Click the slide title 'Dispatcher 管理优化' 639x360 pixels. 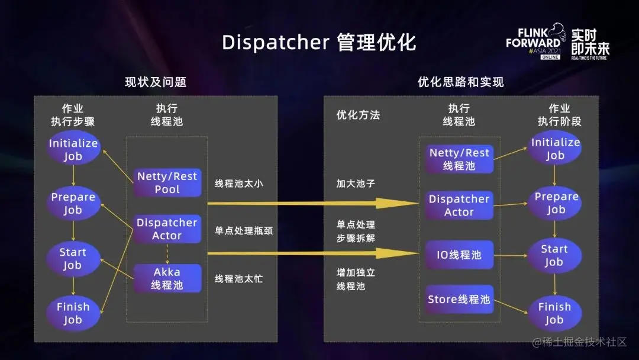(319, 42)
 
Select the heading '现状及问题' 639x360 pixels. (156, 82)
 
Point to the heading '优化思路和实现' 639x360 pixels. (461, 82)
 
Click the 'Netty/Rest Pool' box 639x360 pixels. (167, 183)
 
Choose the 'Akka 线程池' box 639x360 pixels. (167, 278)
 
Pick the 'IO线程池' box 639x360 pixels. (459, 255)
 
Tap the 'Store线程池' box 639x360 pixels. (459, 300)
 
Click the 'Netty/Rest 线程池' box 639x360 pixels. (459, 159)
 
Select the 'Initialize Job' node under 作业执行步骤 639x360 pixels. (73, 150)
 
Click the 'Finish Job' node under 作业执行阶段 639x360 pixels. (554, 313)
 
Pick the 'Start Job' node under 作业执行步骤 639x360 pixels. (73, 259)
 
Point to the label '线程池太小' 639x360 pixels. (238, 184)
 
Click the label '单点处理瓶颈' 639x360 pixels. (244, 230)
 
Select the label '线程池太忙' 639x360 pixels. (238, 278)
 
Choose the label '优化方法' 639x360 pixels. (358, 115)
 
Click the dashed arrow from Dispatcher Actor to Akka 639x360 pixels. (167, 253)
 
